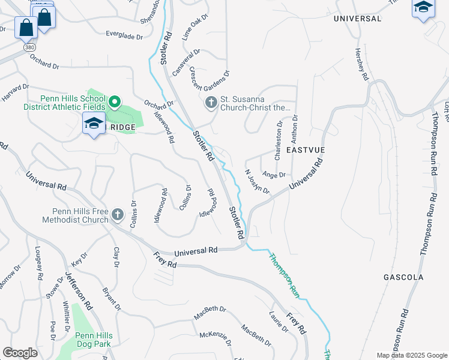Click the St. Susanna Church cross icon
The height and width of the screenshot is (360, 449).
coord(211,103)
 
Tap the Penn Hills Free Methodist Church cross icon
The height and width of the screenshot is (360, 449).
coord(118,214)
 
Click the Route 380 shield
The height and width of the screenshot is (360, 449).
coord(28,46)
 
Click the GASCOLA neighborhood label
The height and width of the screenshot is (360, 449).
coord(403,277)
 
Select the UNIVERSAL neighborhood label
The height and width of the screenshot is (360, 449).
coord(357,19)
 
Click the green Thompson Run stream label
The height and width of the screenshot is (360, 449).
coord(283,274)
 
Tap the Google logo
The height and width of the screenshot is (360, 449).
coord(20,353)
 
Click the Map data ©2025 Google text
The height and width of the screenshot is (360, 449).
coord(411,355)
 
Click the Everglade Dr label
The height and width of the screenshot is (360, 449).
coord(124,36)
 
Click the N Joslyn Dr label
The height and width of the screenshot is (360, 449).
coord(258,181)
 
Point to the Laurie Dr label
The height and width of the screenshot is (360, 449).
coord(279,322)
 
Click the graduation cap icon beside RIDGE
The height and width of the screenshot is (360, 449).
coord(94,124)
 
